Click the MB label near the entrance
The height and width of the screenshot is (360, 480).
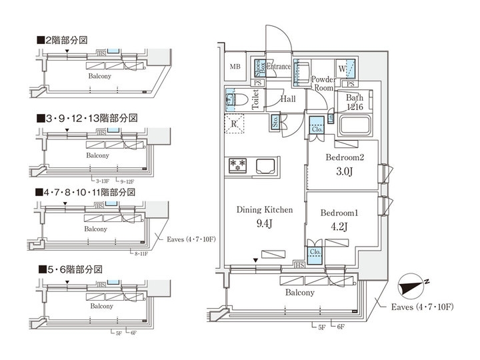[x=235, y=67]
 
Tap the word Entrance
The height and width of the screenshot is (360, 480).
[x=279, y=67]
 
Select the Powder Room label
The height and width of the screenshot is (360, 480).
[x=323, y=83]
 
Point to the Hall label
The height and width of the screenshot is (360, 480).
[x=288, y=99]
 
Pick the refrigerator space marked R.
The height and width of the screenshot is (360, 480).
[x=235, y=124]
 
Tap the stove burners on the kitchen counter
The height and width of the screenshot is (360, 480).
[x=238, y=164]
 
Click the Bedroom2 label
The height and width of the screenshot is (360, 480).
[x=343, y=158]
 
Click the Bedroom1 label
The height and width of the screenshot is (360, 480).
[x=339, y=213]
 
